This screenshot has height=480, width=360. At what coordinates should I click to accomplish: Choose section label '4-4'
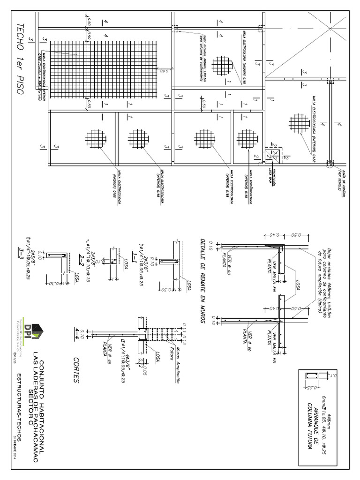tap(80, 333)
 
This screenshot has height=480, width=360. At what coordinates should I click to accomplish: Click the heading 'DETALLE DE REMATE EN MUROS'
tap(203, 281)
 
